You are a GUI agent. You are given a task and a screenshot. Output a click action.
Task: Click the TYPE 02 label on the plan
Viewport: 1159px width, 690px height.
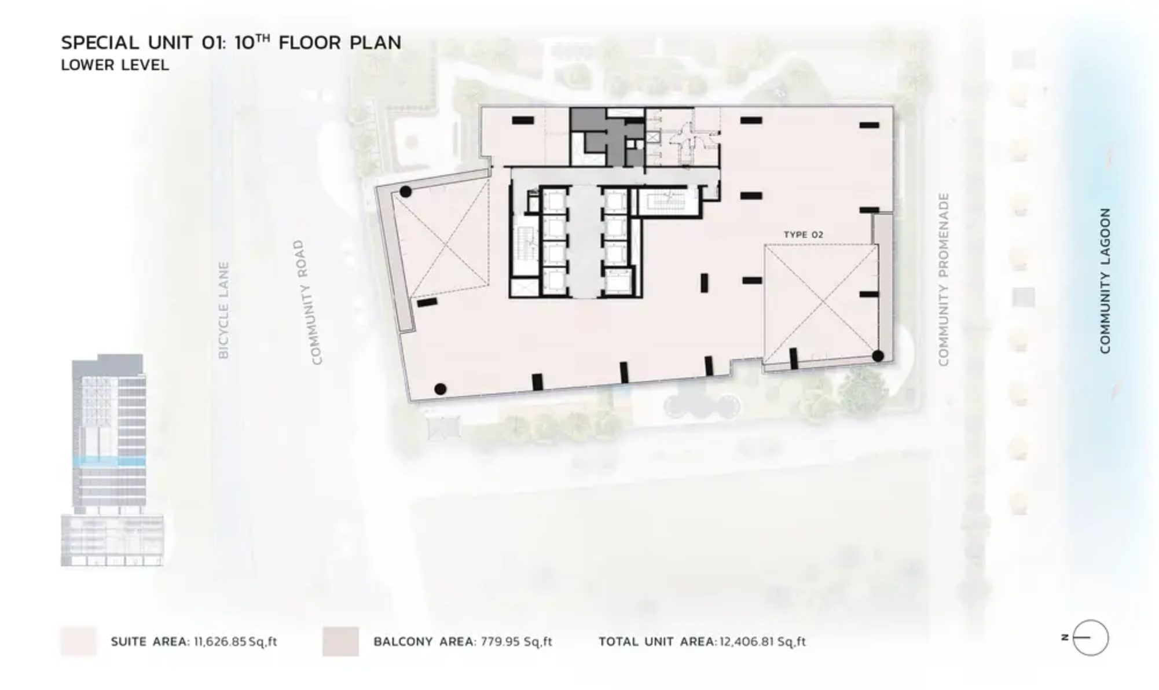coord(803,234)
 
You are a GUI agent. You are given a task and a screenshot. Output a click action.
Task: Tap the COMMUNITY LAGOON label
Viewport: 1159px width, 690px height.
coord(1105,281)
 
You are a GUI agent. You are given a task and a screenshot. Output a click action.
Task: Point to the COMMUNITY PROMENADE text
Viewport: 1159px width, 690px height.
coord(944,280)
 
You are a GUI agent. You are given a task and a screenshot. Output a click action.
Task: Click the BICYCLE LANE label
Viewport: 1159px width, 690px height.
coord(223,310)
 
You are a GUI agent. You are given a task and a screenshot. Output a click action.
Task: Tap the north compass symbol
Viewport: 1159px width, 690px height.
coord(1090,638)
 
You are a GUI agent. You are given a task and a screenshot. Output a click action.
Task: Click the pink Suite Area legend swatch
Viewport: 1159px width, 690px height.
coord(79,641)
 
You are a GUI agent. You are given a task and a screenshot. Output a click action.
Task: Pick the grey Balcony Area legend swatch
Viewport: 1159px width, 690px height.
coord(340,641)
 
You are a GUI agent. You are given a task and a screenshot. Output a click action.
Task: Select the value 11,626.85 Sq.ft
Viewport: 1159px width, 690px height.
coord(235,641)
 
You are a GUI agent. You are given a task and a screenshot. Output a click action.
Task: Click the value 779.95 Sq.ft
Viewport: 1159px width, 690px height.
coord(516,641)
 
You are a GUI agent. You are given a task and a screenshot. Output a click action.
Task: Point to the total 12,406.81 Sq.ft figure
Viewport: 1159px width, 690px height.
coord(762,641)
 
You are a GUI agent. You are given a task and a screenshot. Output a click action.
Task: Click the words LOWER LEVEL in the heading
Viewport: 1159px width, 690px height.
coord(115,65)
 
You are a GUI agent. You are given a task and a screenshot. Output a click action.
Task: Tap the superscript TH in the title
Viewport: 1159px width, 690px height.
coord(263,38)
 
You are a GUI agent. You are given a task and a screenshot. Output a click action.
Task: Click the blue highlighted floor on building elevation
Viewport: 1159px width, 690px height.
coord(109,461)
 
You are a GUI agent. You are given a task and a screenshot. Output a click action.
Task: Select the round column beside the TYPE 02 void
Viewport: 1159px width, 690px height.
coord(878,356)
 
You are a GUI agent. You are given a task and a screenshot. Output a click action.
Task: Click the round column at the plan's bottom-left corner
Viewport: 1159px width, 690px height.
coord(440,389)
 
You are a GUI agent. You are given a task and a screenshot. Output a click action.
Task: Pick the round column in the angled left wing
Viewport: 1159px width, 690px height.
coord(406,192)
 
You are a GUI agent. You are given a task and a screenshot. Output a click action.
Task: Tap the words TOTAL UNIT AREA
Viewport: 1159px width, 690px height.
coord(657,641)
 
